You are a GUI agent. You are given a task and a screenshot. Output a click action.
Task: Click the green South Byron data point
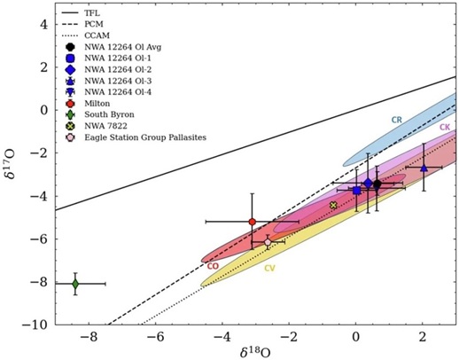tap(75, 283)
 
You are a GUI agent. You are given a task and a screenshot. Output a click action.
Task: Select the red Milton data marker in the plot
tap(253, 222)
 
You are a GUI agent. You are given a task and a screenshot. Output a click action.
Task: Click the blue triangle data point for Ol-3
tap(424, 168)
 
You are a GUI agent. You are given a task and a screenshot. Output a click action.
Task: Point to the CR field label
tap(397, 119)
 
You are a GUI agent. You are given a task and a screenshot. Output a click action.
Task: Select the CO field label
tap(213, 265)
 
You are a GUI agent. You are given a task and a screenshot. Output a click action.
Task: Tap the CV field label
tap(269, 268)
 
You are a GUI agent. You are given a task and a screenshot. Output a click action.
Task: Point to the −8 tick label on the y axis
tap(39, 283)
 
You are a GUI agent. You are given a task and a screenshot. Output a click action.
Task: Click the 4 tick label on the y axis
tap(42, 23)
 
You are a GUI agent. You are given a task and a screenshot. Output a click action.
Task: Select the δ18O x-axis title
tap(254, 352)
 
